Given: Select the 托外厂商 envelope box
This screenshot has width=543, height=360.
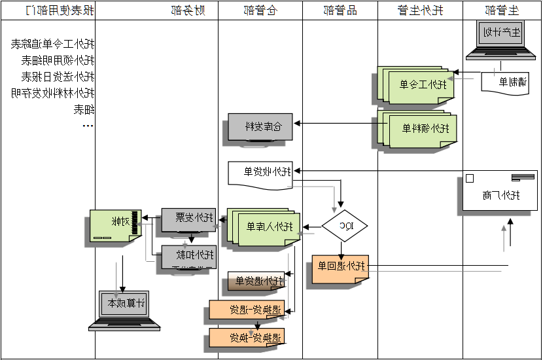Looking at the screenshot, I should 500,191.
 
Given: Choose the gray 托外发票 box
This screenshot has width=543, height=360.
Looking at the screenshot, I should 188,218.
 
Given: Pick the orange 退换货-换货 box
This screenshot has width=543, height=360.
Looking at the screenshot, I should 247,338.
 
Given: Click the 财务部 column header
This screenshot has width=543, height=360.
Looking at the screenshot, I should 187,10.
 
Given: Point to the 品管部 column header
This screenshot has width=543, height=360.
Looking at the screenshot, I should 340,10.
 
